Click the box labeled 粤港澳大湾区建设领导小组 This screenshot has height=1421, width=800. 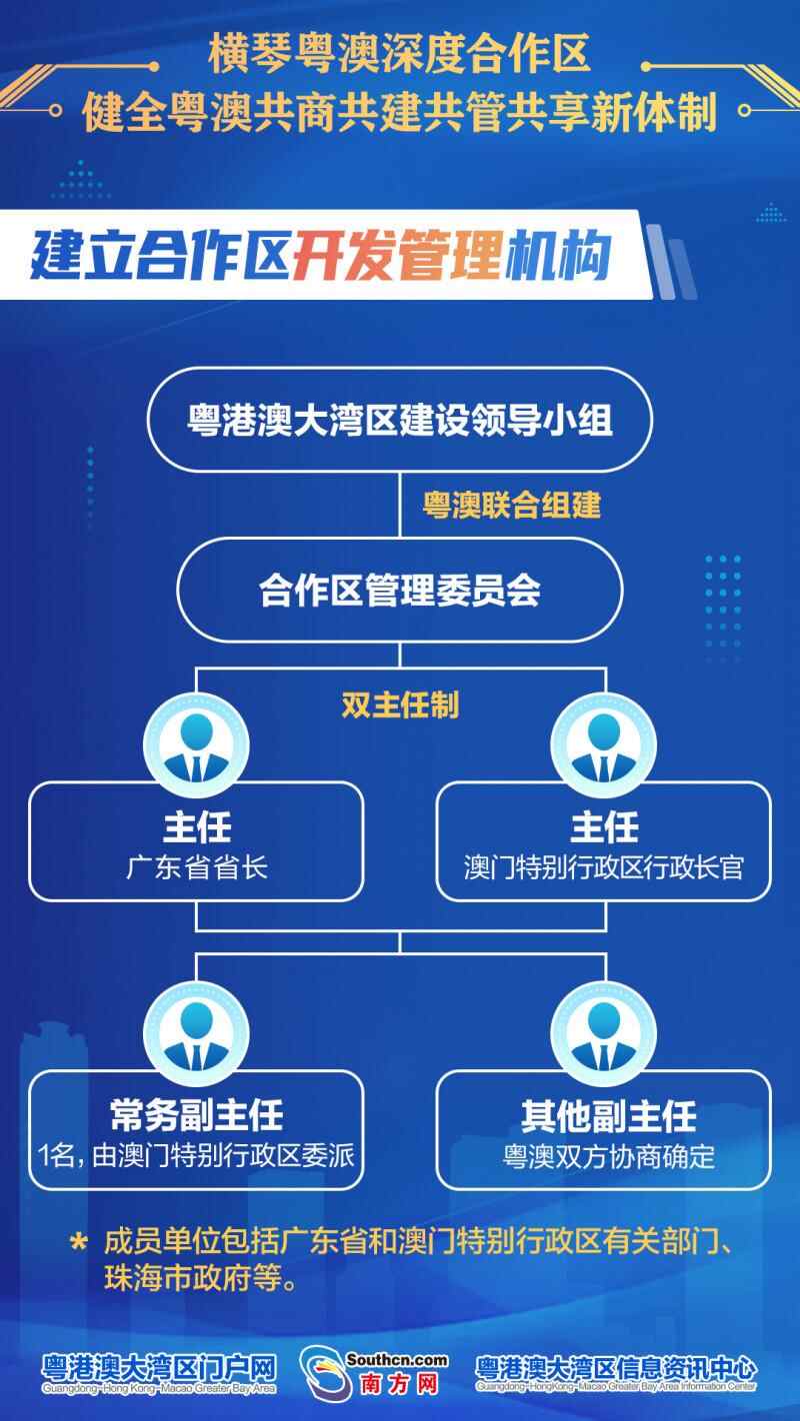coord(400,420)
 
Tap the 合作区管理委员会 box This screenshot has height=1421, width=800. coord(400,590)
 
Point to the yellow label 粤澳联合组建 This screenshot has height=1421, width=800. coord(512,506)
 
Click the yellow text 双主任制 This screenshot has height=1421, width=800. coord(400,705)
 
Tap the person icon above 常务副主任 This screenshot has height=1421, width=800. coord(196,1034)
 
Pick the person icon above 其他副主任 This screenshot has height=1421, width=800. coord(604,1034)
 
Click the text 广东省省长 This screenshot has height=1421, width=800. coord(197,867)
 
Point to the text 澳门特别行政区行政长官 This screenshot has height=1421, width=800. coord(604,867)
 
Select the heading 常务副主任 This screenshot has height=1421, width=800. coord(197,1114)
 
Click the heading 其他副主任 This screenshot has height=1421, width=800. coord(609,1116)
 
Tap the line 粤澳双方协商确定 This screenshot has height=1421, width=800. coord(609,1156)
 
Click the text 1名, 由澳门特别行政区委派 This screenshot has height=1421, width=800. coord(196,1155)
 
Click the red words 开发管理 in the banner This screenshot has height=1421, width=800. coord(398,255)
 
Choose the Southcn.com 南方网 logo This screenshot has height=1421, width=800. coord(374,1373)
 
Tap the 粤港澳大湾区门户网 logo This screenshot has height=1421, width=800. coord(159,1373)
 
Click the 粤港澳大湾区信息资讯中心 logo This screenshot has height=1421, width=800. coord(616,1373)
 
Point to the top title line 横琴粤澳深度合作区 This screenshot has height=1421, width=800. coord(399,54)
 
